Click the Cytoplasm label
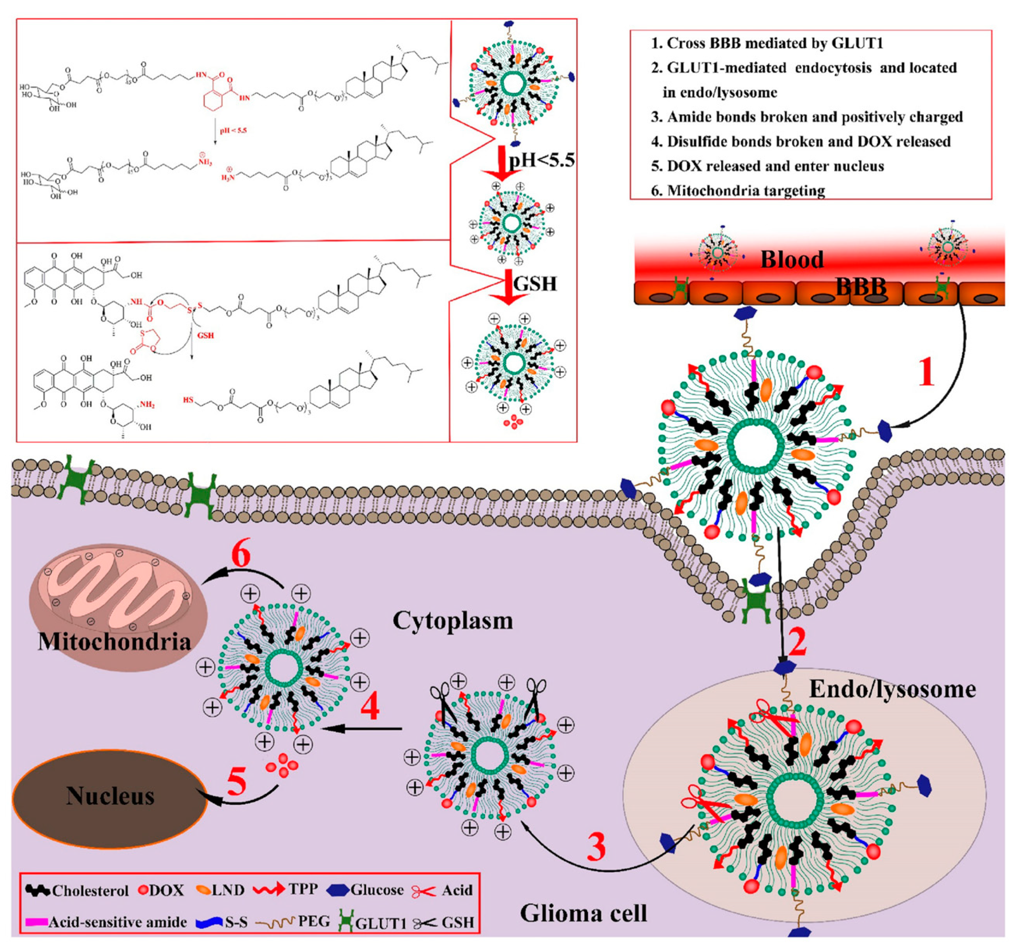452,621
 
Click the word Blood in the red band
792,260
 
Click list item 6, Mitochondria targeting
746,191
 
